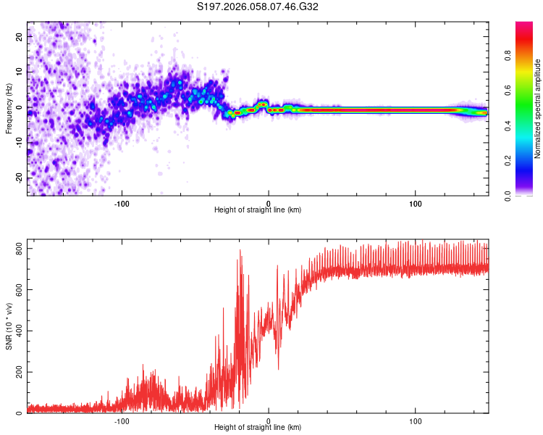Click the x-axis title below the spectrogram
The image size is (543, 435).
click(x=258, y=210)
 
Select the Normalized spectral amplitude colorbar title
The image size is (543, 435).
click(x=538, y=109)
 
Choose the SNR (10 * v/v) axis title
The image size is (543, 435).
click(x=9, y=331)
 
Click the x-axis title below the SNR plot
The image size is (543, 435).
click(x=258, y=428)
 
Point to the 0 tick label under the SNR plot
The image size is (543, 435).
click(x=269, y=420)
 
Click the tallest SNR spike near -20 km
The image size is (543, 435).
click(x=240, y=252)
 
